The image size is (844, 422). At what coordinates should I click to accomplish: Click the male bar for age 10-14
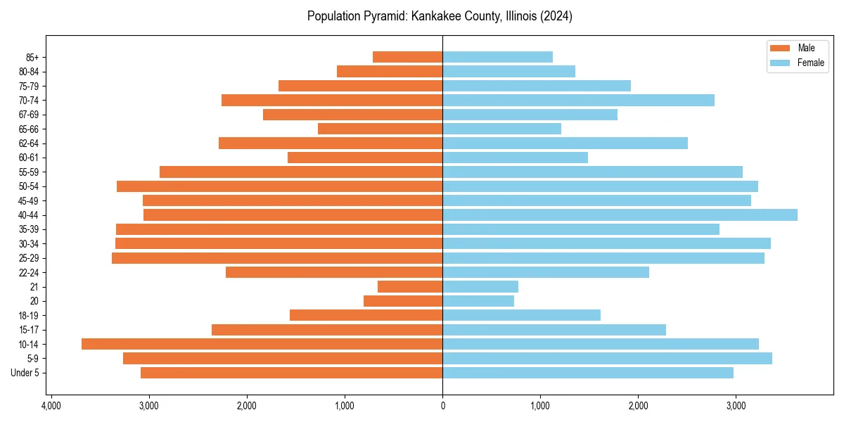262,344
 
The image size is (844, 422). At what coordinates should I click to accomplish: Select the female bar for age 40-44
620,215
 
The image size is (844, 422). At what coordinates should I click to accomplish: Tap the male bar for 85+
407,57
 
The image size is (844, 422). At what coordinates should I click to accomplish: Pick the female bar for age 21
480,286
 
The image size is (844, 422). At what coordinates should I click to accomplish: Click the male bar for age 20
403,301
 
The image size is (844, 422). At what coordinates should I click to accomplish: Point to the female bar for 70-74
578,100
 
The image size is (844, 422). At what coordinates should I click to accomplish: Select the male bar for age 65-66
380,129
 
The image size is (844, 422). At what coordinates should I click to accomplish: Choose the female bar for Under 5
588,373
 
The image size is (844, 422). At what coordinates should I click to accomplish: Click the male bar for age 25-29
277,258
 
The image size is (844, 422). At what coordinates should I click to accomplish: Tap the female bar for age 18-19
521,315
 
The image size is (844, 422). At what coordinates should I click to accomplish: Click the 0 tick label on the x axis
442,407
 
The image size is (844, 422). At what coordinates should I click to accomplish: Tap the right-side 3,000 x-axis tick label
736,407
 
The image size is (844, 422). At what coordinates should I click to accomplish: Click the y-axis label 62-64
29,143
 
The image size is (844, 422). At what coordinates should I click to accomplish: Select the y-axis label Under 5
25,373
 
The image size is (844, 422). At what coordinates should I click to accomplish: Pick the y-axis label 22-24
29,272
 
